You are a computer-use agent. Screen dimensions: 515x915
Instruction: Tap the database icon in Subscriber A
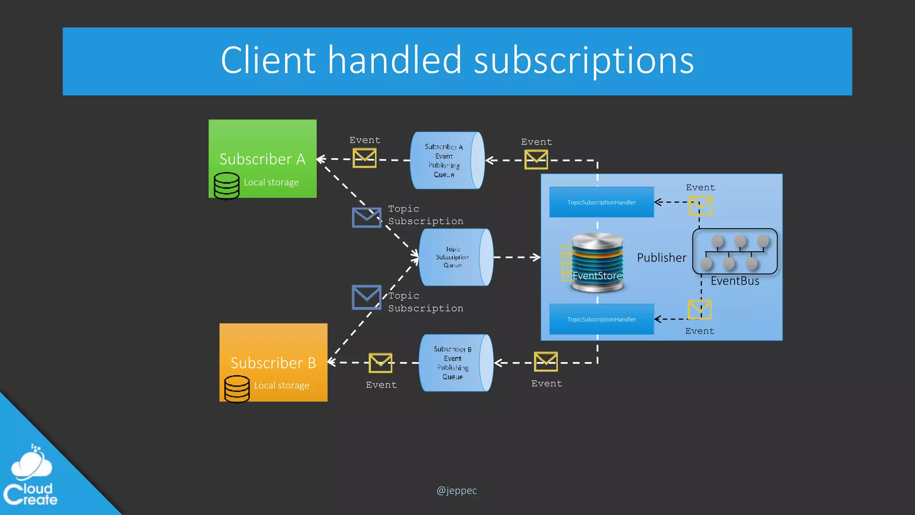pyautogui.click(x=227, y=186)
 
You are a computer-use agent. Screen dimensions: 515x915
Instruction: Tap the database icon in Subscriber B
pyautogui.click(x=237, y=388)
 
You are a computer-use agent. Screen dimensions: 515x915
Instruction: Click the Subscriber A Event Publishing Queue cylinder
pyautogui.click(x=447, y=160)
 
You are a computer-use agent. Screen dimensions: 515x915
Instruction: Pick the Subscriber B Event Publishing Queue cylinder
pyautogui.click(x=455, y=363)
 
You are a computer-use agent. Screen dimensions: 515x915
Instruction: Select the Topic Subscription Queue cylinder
pyautogui.click(x=455, y=257)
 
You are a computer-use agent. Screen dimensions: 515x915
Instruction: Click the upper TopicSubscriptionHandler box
pyautogui.click(x=601, y=203)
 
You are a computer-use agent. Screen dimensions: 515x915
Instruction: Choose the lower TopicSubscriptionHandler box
pyautogui.click(x=601, y=319)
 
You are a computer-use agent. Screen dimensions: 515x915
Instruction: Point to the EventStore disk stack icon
pyautogui.click(x=597, y=262)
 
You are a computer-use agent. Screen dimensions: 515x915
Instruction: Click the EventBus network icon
pyautogui.click(x=735, y=252)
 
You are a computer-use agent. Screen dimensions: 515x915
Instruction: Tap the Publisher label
pyautogui.click(x=661, y=258)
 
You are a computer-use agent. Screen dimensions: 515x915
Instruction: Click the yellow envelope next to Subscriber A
pyautogui.click(x=365, y=158)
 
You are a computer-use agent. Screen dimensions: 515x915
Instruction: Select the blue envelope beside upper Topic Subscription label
pyautogui.click(x=366, y=217)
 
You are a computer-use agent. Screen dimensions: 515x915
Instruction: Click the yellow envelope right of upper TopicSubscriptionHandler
pyautogui.click(x=701, y=206)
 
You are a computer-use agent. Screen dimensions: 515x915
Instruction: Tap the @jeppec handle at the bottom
pyautogui.click(x=457, y=491)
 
